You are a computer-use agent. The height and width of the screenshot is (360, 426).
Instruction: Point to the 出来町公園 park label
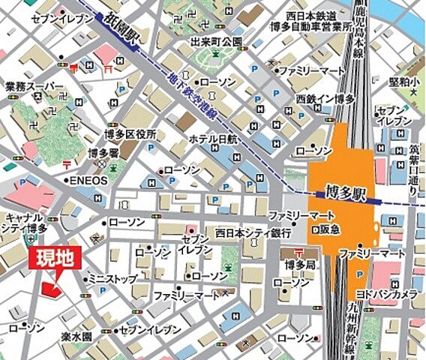(216, 41)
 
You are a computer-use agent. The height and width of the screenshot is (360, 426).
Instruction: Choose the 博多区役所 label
(129, 135)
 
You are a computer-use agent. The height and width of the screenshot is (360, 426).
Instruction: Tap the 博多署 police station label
(99, 153)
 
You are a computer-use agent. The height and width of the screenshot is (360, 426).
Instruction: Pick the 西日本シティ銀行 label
(253, 232)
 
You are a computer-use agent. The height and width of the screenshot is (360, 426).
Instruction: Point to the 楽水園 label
(76, 329)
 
